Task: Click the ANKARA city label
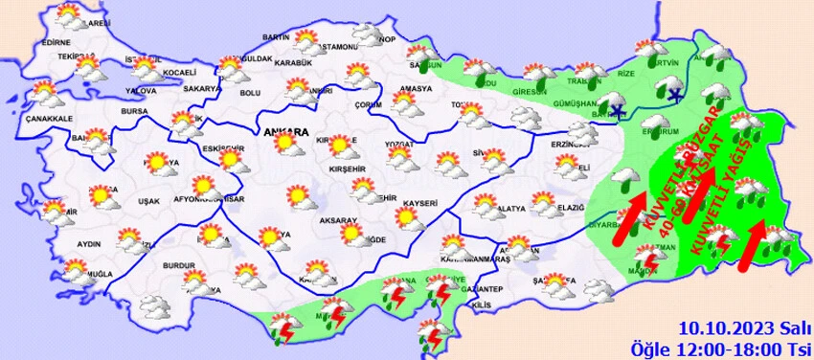pyautogui.click(x=289, y=131)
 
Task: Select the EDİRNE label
pyautogui.click(x=57, y=42)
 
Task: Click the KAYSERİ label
pyautogui.click(x=419, y=203)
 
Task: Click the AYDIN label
pyautogui.click(x=88, y=244)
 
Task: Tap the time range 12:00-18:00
pyautogui.click(x=733, y=347)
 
